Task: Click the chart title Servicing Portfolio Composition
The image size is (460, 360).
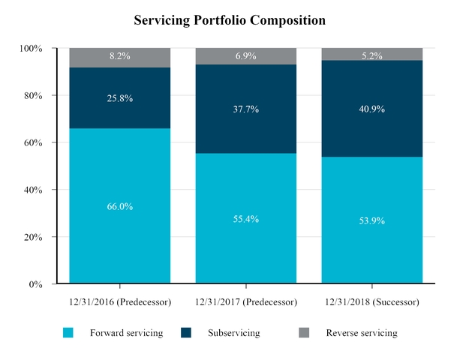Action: (x=230, y=20)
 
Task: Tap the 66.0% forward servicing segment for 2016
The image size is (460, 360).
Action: (x=120, y=206)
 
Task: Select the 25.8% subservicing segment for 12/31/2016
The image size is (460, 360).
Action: (x=120, y=98)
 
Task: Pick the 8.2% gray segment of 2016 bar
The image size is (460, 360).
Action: (x=120, y=58)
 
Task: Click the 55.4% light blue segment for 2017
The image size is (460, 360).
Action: (x=246, y=218)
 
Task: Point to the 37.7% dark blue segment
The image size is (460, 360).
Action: (x=246, y=109)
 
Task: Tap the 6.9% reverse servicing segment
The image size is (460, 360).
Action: (x=246, y=56)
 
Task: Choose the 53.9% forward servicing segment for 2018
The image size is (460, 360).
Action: (x=372, y=220)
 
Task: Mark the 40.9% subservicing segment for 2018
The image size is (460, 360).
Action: (x=372, y=109)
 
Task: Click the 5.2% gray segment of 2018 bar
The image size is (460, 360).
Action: (x=372, y=54)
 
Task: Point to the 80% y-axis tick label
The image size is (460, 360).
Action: (x=32, y=96)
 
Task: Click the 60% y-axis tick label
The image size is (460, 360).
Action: (x=32, y=143)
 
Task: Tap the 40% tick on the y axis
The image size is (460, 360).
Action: (x=32, y=190)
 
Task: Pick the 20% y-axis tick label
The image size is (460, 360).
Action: (x=32, y=238)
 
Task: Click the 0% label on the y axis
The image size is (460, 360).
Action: (x=35, y=285)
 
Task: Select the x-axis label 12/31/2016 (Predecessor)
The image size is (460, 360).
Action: (x=120, y=302)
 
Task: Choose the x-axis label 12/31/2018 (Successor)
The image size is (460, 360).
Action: (x=372, y=302)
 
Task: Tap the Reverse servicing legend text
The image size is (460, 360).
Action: (x=361, y=333)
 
